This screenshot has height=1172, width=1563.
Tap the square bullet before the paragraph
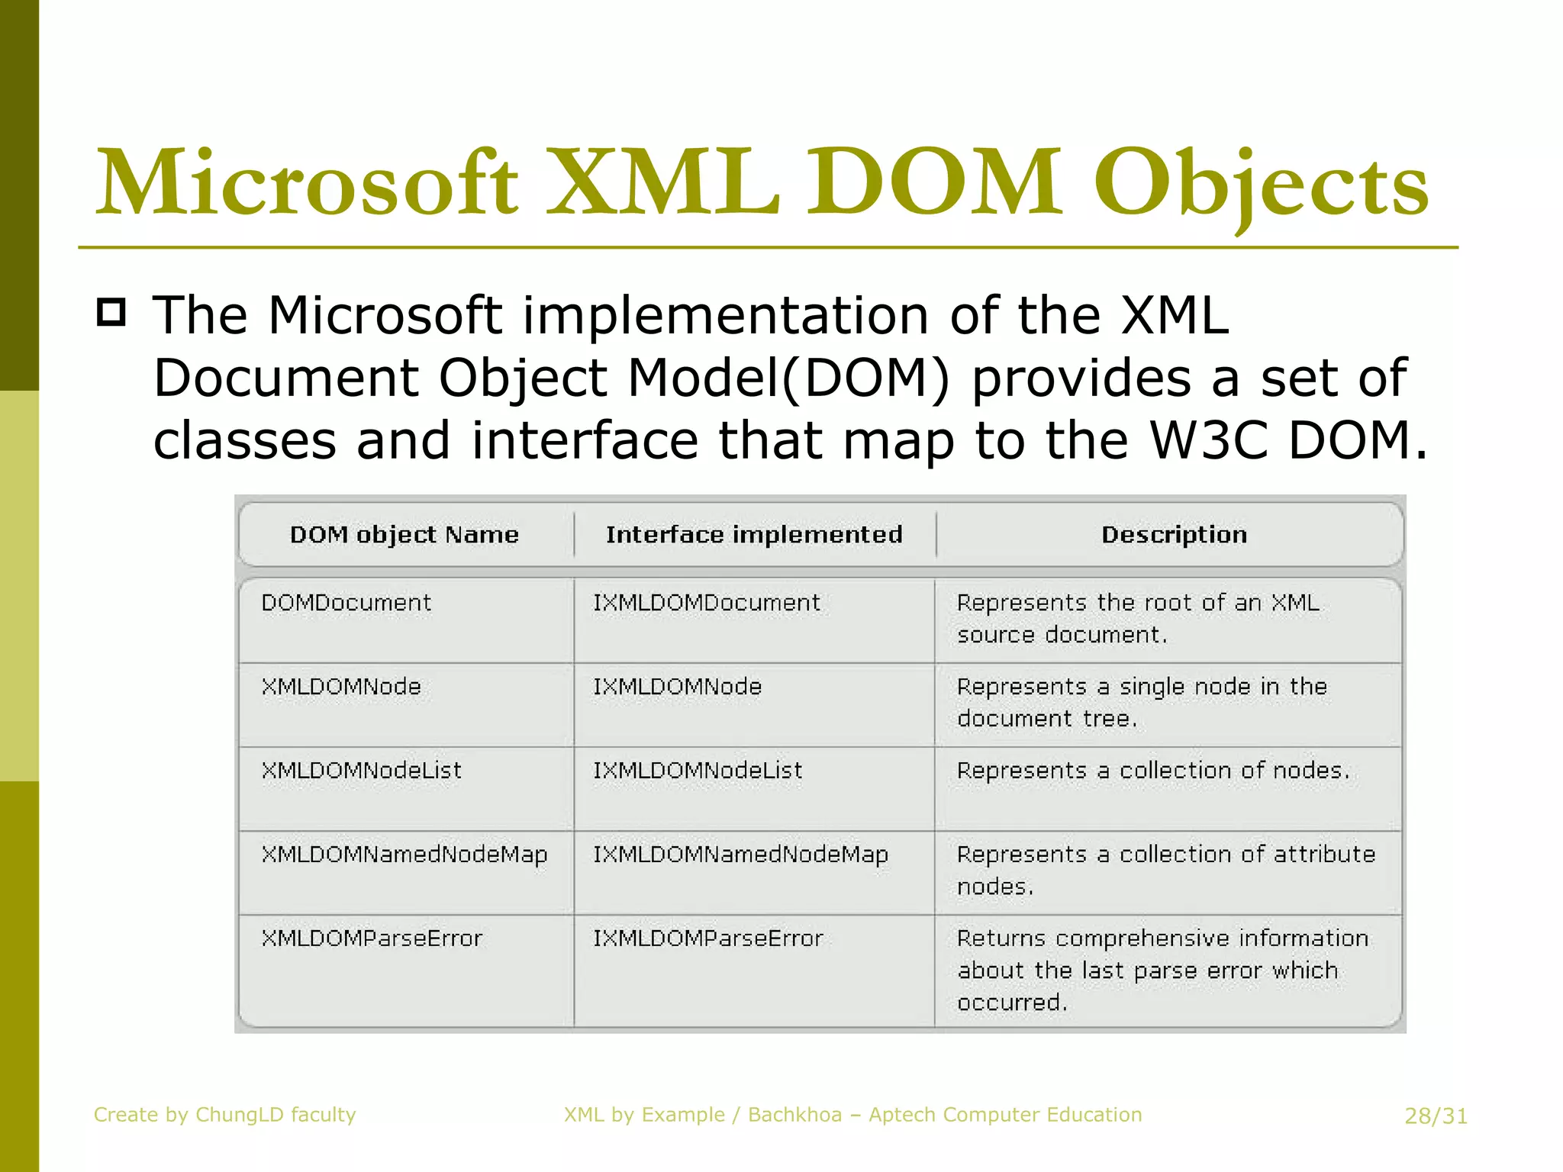[x=111, y=313]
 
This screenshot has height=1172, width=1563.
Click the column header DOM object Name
[x=404, y=534]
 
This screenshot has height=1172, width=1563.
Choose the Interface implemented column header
[x=754, y=534]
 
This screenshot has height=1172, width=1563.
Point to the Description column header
[x=1174, y=534]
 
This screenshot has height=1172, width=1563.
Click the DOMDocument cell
[x=346, y=603]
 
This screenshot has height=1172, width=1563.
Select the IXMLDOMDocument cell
[x=707, y=603]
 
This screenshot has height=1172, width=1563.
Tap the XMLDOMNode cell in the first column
[x=341, y=687]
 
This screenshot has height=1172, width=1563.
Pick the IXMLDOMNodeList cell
[x=698, y=771]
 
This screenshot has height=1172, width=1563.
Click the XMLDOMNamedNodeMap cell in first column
[x=404, y=855]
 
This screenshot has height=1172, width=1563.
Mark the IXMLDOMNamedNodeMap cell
[x=740, y=855]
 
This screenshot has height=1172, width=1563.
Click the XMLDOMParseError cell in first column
[x=372, y=939]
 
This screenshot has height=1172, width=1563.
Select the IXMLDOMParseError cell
[x=707, y=939]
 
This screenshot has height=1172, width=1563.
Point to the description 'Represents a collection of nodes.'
[x=1153, y=771]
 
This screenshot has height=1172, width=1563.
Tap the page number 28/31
[x=1436, y=1116]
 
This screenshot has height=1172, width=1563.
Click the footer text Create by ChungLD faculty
[x=224, y=1115]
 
